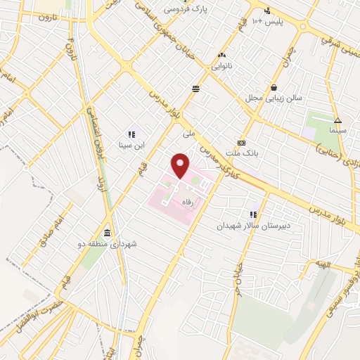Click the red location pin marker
[181, 165]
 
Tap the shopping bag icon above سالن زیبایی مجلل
[274, 87]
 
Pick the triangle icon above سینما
[337, 120]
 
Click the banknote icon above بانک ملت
[241, 141]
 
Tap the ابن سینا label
[130, 146]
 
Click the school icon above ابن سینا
[131, 134]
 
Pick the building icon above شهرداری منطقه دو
[106, 233]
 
